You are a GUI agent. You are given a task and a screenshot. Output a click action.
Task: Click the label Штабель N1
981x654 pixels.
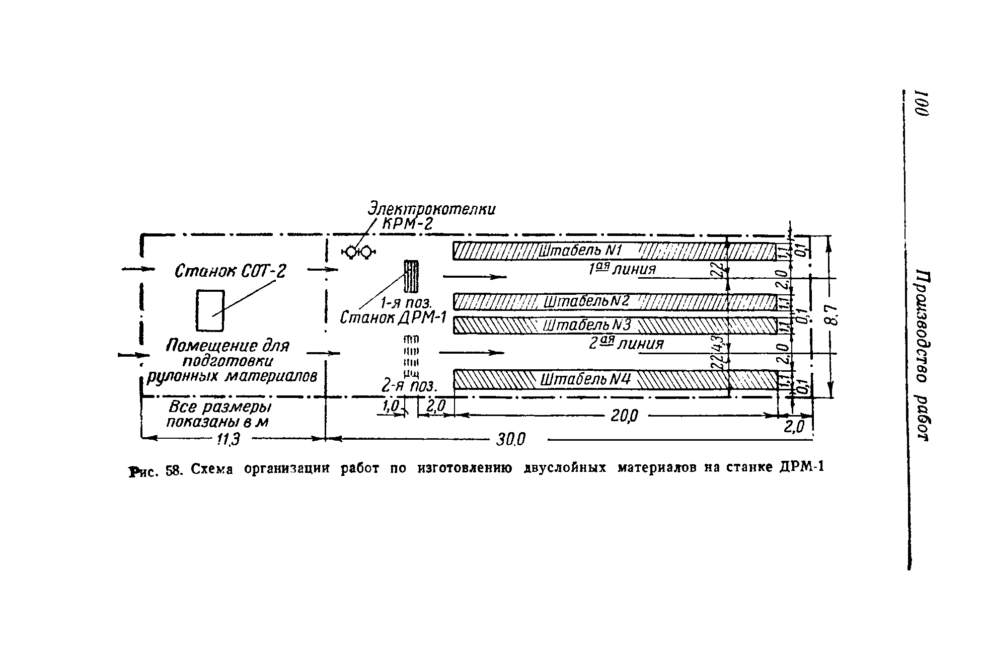pos(580,251)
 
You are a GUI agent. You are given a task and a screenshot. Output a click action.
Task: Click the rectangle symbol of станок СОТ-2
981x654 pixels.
pos(210,310)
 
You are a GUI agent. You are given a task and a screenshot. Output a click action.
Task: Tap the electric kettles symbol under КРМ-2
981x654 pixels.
pos(359,252)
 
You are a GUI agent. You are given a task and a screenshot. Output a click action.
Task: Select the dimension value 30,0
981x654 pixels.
pos(510,440)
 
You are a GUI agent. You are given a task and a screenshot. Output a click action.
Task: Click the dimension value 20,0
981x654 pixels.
pos(624,416)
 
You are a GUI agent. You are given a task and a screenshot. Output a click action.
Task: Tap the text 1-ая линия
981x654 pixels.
pos(622,270)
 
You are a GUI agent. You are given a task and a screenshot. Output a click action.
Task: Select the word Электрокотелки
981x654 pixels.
pos(431,209)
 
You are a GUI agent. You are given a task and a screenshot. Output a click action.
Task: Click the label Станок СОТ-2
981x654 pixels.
pos(230,272)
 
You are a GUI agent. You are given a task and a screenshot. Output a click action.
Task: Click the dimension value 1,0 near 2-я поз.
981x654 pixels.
pos(391,406)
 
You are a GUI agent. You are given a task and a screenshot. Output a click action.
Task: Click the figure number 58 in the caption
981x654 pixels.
pos(173,471)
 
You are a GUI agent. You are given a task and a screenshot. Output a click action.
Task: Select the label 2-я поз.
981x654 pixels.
pos(410,386)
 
